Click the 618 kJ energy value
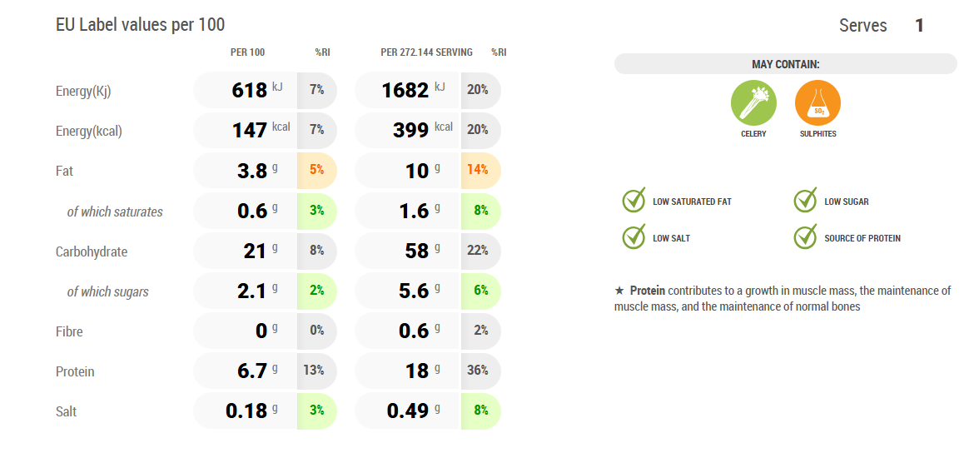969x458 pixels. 250,90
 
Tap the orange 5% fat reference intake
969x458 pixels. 316,170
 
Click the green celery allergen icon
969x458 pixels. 753,103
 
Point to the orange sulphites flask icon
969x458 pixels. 817,103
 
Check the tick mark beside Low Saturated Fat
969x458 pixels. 634,201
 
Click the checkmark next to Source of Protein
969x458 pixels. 805,237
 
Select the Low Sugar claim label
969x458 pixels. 847,202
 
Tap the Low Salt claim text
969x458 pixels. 671,238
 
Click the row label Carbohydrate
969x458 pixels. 92,251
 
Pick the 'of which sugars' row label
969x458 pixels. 108,291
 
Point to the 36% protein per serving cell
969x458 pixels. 478,371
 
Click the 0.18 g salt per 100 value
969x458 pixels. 246,411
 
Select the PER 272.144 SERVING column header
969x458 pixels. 426,52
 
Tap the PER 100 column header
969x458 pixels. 247,52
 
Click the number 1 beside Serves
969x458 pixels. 919,26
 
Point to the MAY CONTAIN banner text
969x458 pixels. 785,64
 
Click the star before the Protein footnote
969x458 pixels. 619,291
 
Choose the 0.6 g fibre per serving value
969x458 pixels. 414,331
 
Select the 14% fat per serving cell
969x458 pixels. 478,170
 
